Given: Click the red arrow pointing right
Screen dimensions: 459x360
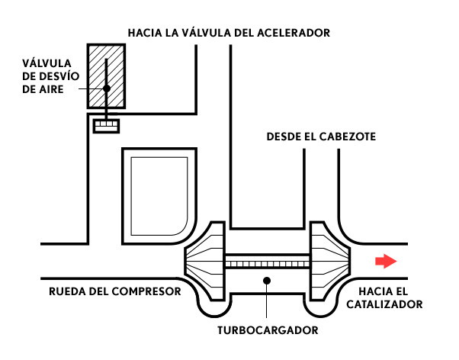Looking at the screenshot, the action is click(386, 261).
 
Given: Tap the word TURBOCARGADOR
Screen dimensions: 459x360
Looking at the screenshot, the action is click(268, 330).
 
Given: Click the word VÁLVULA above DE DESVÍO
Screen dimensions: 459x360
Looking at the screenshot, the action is click(47, 63).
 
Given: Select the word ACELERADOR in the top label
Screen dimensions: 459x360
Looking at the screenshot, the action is click(294, 33).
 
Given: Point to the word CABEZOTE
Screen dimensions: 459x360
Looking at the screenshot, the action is click(347, 137).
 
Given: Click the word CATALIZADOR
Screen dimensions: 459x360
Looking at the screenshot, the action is click(384, 304).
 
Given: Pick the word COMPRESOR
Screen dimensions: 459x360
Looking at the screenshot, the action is click(146, 291).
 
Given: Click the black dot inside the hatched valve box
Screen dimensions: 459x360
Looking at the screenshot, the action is click(107, 88).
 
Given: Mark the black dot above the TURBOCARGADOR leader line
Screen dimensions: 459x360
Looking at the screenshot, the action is click(266, 281).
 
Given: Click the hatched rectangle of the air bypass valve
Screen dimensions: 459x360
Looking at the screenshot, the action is click(106, 76).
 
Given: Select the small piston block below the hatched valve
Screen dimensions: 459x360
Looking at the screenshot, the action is click(106, 126).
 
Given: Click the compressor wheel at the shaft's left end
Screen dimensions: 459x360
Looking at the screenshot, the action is click(205, 261).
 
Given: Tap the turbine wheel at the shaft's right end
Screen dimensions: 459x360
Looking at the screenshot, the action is click(330, 261).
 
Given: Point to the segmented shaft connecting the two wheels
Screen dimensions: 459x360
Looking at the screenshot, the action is click(268, 262).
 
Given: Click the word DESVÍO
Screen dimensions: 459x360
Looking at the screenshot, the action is click(59, 76).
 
